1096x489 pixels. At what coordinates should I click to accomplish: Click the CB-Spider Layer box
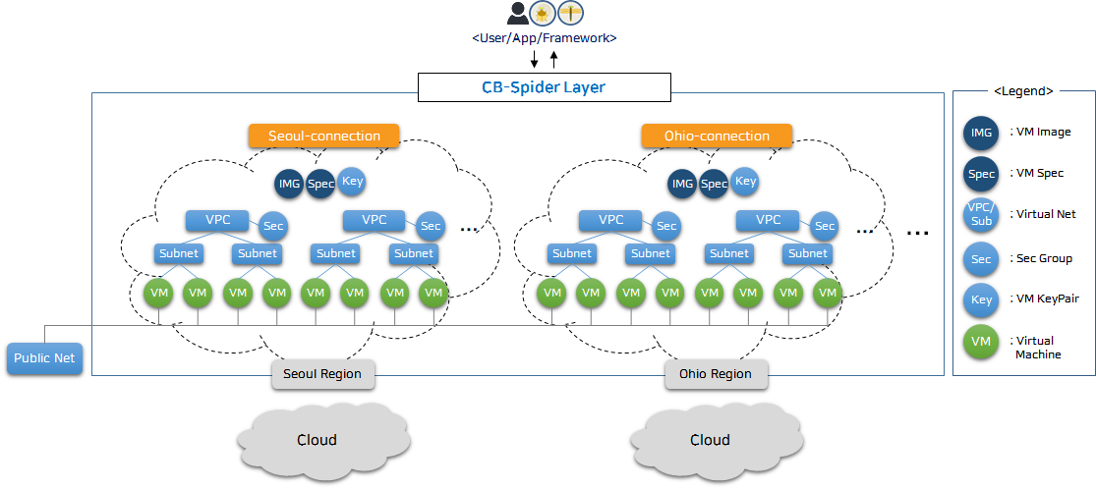tap(544, 87)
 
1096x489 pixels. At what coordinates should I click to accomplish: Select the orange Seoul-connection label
tap(323, 136)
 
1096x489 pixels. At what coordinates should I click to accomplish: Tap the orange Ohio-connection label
tap(717, 136)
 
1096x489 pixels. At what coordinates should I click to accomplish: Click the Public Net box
tap(44, 358)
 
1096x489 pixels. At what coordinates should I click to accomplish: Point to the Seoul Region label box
tap(322, 374)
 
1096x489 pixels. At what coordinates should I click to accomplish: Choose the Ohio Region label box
tap(716, 374)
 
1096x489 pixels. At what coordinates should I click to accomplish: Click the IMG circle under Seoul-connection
tap(290, 184)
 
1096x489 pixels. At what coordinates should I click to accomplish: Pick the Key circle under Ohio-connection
tap(745, 181)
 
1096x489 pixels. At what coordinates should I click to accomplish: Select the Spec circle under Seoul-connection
tap(320, 184)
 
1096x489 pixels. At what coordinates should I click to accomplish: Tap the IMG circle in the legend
tap(981, 132)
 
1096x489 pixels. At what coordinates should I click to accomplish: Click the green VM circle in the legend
tap(981, 341)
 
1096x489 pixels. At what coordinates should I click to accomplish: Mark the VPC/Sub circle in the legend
tap(981, 215)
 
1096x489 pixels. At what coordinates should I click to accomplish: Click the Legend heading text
tap(1023, 90)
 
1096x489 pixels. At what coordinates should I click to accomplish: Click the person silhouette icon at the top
tap(517, 13)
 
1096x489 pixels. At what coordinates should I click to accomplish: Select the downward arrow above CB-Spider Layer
tap(534, 60)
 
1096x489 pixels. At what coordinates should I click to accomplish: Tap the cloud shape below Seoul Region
tap(317, 439)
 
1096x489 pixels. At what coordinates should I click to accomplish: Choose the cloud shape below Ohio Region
tap(710, 439)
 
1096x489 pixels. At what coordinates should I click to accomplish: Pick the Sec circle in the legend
tap(981, 259)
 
